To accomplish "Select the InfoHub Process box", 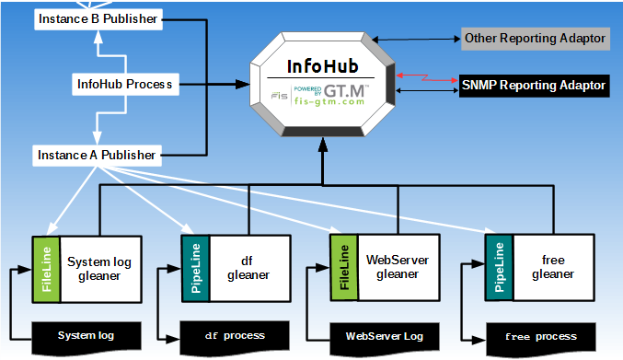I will (x=123, y=85).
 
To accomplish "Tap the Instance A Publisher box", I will (x=96, y=155).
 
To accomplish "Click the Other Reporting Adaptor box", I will (x=534, y=39).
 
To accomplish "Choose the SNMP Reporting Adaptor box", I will (x=534, y=86).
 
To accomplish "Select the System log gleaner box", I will (x=99, y=268).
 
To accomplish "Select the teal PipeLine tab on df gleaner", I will (x=195, y=268).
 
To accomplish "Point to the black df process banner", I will (x=234, y=335).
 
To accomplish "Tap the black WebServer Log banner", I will (x=384, y=335).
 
